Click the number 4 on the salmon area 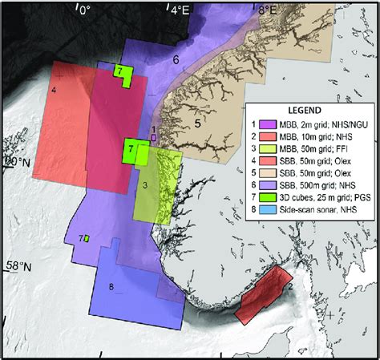[x=53, y=89]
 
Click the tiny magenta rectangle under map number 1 [x=154, y=137]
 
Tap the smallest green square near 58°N [x=86, y=238]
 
